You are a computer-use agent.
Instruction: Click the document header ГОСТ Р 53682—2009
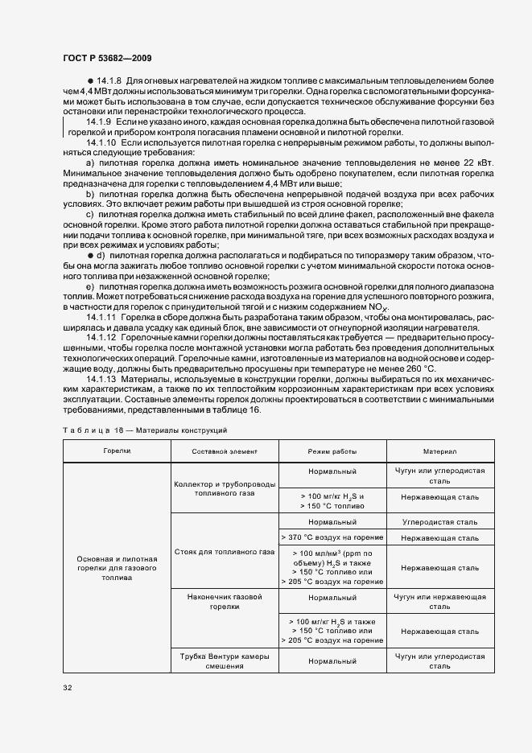coord(107,59)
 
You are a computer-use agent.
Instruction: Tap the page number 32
coord(67,687)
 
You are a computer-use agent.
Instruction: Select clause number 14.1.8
coord(108,83)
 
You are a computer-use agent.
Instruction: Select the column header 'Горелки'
coord(117,451)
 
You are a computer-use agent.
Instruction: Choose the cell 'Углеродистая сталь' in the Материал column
coord(439,522)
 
